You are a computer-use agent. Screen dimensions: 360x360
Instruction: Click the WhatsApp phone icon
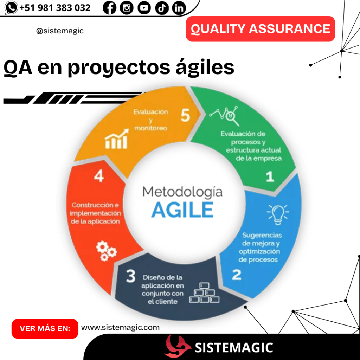point(12,8)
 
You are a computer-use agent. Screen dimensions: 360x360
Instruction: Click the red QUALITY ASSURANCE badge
point(260,29)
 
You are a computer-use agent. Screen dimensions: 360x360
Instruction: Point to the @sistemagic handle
point(60,31)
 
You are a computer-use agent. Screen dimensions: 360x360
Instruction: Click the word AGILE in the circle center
point(182,210)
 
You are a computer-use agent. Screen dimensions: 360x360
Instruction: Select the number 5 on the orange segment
point(185,115)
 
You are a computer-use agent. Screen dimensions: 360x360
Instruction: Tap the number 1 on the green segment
point(270,176)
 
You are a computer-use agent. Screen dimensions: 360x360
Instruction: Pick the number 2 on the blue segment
point(237,275)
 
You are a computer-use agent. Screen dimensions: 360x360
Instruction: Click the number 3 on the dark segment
point(131,277)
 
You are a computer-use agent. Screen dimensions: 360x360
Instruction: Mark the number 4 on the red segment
point(99,176)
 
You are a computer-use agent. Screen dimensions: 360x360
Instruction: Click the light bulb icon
point(278,214)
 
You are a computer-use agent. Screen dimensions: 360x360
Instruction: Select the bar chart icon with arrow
point(117,139)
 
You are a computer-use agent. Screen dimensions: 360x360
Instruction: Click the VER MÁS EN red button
point(45,329)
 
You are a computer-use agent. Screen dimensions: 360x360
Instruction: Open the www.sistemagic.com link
point(120,328)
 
